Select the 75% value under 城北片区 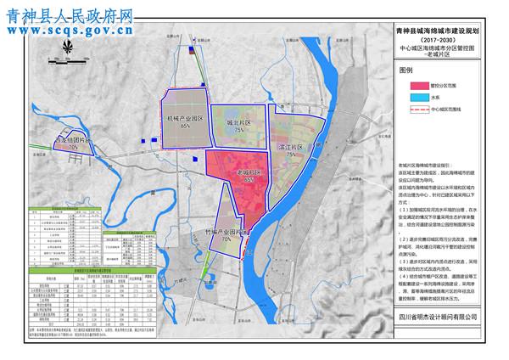coord(240,132)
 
